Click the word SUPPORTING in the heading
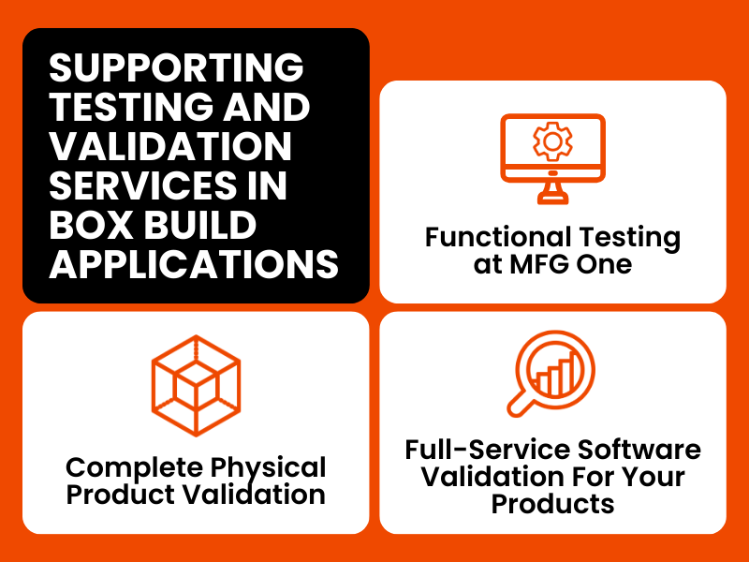pos(176,67)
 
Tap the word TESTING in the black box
pos(131,107)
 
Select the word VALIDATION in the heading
pos(170,146)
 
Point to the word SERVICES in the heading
pos(143,185)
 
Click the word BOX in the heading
pos(91,225)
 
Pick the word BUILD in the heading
pos(200,225)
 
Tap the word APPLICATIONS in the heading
pos(194,264)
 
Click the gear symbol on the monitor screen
pos(552,141)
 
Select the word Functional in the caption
pos(498,238)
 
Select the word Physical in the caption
pos(268,467)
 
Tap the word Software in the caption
pos(639,450)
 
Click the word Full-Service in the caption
pos(487,450)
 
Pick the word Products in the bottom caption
pos(552,504)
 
